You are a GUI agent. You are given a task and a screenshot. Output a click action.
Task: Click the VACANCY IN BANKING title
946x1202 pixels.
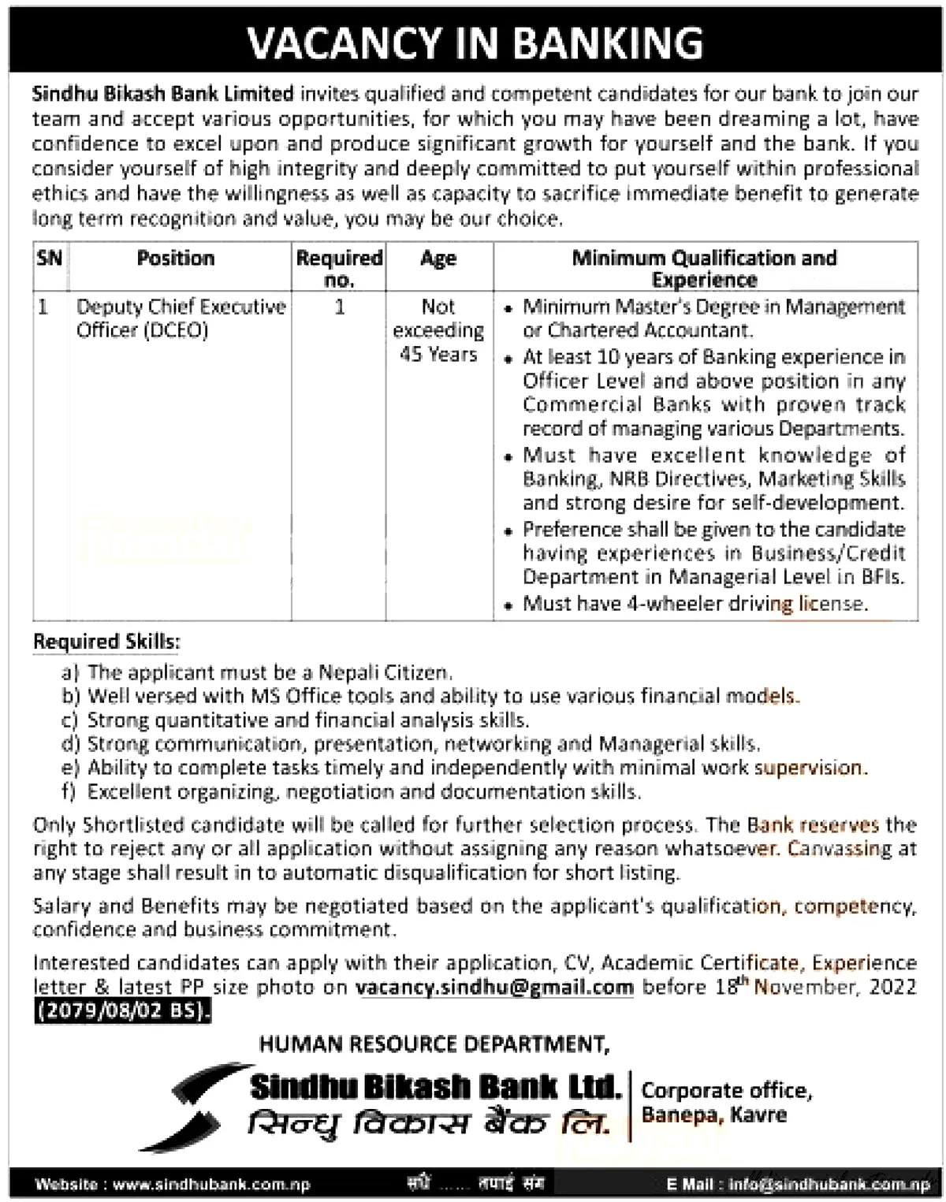click(x=475, y=43)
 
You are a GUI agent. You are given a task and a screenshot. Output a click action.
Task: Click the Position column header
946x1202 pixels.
click(x=175, y=259)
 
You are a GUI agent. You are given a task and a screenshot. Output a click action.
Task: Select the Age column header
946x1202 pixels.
click(x=438, y=259)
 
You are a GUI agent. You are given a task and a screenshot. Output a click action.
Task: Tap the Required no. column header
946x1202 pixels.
click(x=339, y=268)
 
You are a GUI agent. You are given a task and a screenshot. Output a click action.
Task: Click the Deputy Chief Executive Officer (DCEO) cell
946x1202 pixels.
click(x=181, y=318)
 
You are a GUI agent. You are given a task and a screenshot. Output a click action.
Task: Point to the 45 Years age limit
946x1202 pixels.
click(x=438, y=355)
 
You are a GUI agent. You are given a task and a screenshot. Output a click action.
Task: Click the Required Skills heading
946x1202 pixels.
click(x=106, y=642)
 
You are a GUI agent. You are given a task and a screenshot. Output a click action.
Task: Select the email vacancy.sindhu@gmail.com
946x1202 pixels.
click(x=494, y=987)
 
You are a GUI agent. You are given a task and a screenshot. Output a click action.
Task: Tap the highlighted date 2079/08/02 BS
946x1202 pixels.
click(x=122, y=1010)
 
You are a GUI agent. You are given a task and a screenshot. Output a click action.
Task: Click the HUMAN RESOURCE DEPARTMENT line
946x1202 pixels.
click(x=434, y=1044)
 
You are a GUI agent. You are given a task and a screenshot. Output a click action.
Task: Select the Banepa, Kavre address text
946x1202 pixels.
click(x=714, y=1115)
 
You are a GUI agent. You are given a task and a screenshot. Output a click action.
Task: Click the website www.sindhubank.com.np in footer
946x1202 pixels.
click(x=211, y=1184)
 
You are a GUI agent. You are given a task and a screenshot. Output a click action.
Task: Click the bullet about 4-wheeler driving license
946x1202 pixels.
click(x=695, y=604)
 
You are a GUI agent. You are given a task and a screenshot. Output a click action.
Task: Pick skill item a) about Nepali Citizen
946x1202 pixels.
click(x=270, y=672)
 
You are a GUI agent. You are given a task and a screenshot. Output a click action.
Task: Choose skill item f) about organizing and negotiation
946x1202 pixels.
click(x=363, y=791)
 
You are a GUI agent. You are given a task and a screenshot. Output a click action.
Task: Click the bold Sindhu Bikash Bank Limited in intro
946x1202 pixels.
click(x=163, y=94)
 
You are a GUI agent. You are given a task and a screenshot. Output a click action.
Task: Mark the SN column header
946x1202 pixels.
click(x=49, y=259)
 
